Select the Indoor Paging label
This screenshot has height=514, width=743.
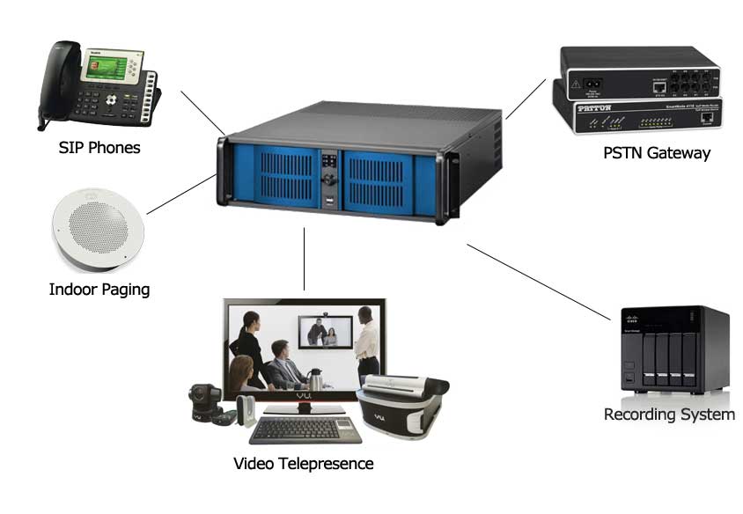(x=99, y=289)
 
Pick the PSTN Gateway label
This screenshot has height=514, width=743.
(x=657, y=152)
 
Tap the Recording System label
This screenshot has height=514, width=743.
(x=669, y=414)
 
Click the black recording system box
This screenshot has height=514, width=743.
(x=673, y=350)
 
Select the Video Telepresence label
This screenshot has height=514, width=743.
(x=303, y=463)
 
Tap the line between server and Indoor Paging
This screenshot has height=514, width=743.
(x=180, y=195)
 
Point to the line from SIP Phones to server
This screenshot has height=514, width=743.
(x=202, y=112)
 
